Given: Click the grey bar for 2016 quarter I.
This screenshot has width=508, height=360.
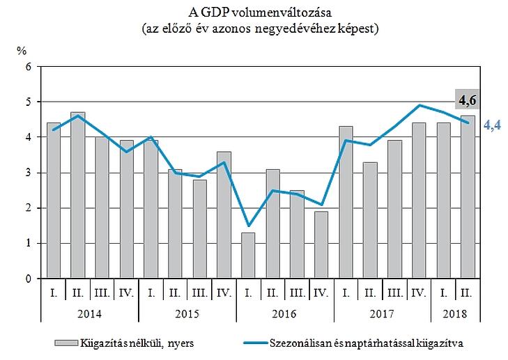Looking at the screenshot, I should pyautogui.click(x=248, y=255).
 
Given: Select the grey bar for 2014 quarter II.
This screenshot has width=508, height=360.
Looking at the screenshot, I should pyautogui.click(x=78, y=195).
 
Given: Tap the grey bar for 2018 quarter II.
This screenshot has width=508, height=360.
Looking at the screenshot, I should pyautogui.click(x=467, y=197).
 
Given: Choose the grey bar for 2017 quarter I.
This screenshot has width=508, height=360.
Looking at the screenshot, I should pyautogui.click(x=346, y=202).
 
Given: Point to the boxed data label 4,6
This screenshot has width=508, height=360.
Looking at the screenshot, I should pyautogui.click(x=466, y=101).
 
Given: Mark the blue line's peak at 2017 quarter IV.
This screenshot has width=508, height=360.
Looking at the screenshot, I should pyautogui.click(x=419, y=105).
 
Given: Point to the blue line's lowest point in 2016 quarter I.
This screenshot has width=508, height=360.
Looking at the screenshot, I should pyautogui.click(x=248, y=226).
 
